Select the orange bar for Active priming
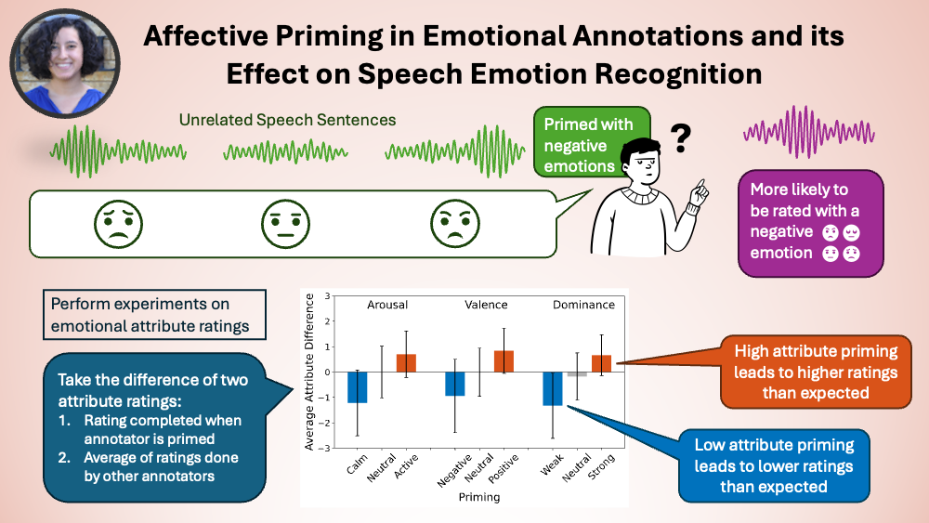click(x=406, y=363)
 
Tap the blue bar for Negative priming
click(x=454, y=384)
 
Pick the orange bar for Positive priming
click(x=504, y=361)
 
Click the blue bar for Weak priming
click(x=553, y=388)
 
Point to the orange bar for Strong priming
click(x=602, y=363)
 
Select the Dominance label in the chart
click(x=582, y=304)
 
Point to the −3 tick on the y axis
click(x=325, y=449)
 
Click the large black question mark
click(x=681, y=137)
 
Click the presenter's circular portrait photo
click(x=66, y=59)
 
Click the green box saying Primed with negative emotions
click(x=588, y=144)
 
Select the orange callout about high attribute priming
click(x=815, y=372)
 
